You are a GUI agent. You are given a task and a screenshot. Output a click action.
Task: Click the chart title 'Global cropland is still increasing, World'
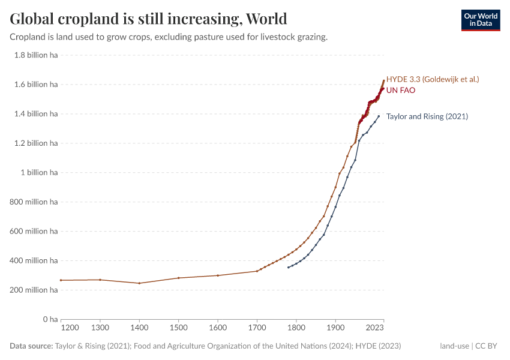pyautogui.click(x=148, y=19)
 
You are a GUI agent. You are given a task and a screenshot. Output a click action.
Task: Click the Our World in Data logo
pyautogui.click(x=480, y=20)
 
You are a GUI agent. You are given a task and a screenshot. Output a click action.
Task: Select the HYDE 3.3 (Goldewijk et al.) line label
pyautogui.click(x=432, y=79)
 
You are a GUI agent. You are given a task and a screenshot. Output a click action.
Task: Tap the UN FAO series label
pyautogui.click(x=400, y=90)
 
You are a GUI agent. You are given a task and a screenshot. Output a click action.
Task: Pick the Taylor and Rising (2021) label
pyautogui.click(x=427, y=116)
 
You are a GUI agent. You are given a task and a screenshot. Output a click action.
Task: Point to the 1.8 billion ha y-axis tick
pyautogui.click(x=34, y=55)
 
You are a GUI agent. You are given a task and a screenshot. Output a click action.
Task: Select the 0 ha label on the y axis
pyautogui.click(x=50, y=319)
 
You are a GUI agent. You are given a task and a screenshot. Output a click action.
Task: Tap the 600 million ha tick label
pyautogui.click(x=34, y=231)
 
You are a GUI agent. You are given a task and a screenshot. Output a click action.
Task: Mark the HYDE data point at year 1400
pyautogui.click(x=139, y=283)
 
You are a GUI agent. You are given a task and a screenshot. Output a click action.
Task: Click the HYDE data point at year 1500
pyautogui.click(x=179, y=278)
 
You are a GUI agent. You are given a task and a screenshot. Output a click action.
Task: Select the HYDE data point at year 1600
pyautogui.click(x=218, y=275)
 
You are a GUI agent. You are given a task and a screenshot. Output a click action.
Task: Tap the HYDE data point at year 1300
pyautogui.click(x=100, y=280)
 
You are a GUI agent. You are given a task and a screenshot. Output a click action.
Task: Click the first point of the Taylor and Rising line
pyautogui.click(x=289, y=267)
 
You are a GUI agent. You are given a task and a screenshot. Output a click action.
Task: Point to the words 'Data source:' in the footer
pyautogui.click(x=31, y=346)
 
